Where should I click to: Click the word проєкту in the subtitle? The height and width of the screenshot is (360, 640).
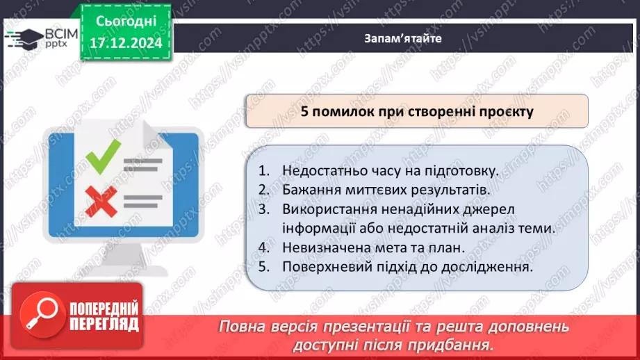pyautogui.click(x=507, y=111)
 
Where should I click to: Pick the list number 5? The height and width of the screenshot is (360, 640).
pyautogui.click(x=263, y=265)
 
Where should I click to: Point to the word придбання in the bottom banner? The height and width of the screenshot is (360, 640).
pyautogui.click(x=452, y=345)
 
